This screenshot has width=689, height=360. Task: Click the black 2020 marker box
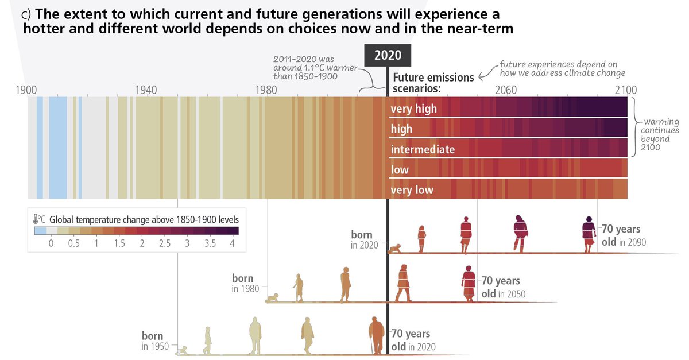pos(388,55)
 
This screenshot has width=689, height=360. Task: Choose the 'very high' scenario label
pos(413,109)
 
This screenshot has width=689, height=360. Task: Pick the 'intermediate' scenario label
pos(423,149)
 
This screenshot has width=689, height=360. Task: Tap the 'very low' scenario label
pos(412,190)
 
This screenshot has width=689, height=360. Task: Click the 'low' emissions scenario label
pos(400,170)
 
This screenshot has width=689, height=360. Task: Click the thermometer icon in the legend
pos(37,219)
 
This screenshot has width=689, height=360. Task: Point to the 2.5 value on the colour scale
pos(164,243)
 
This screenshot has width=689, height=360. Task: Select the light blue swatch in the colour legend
pos(40,231)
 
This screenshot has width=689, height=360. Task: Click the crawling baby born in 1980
pos(273,299)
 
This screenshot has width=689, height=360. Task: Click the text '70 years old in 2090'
pos(623,235)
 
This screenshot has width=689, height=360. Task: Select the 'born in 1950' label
pos(152,341)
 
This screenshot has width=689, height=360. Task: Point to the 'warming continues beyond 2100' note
pos(660,134)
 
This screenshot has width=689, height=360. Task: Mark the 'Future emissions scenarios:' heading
pos(433,83)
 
